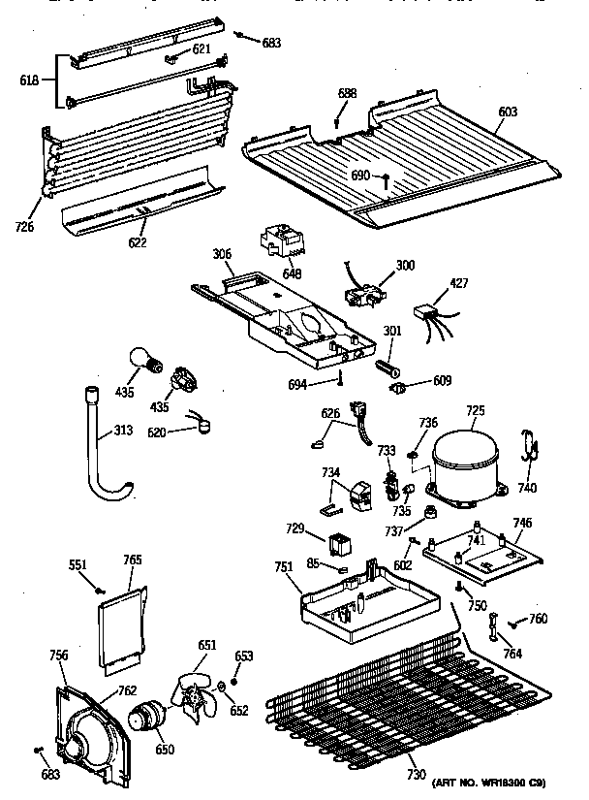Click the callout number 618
click(29, 80)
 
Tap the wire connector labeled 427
click(427, 314)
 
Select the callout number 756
click(58, 656)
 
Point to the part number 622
click(138, 241)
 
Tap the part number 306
click(222, 255)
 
